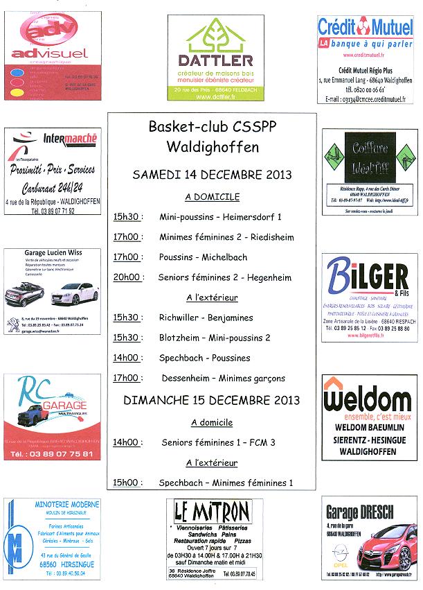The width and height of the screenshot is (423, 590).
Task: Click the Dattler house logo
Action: tap(213, 38)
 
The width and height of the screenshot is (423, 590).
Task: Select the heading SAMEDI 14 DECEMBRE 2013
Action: tap(212, 174)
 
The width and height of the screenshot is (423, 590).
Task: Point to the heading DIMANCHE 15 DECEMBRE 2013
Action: tap(212, 400)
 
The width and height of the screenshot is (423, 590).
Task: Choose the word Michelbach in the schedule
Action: tap(224, 257)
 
